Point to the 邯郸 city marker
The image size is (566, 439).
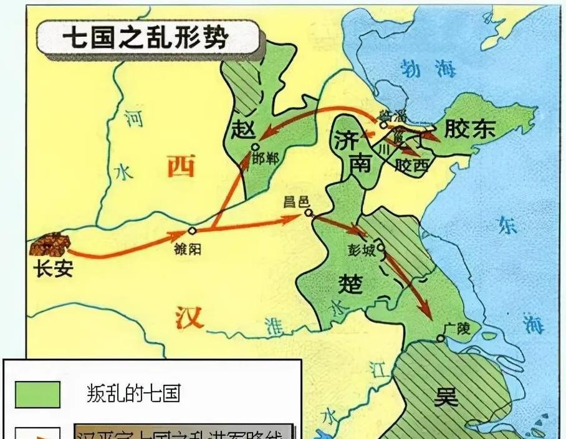(x=254, y=147)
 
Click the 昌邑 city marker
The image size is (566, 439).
(x=309, y=213)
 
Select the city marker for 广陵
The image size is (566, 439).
(x=440, y=338)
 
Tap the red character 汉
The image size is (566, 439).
(x=188, y=317)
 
